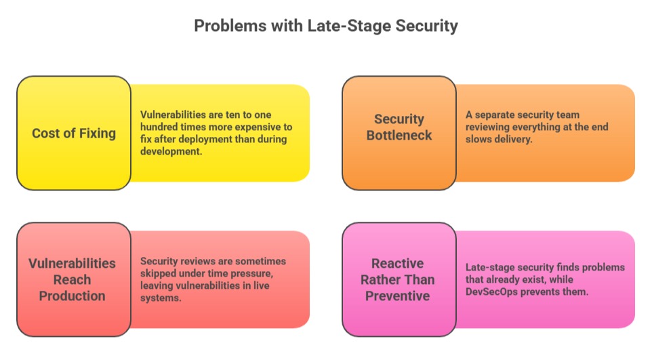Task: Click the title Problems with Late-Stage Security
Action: click(326, 26)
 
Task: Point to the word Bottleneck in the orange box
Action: click(399, 135)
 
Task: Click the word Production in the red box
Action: click(73, 296)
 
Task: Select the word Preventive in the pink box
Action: click(399, 296)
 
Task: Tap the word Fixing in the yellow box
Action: click(97, 133)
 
